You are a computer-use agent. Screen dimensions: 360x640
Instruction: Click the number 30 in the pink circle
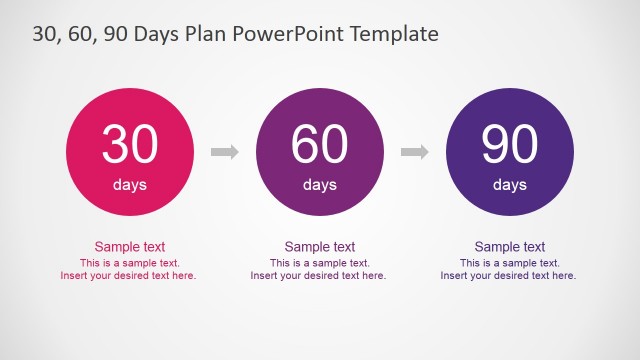pyautogui.click(x=130, y=146)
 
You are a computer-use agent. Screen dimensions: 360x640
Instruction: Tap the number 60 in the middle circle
pyautogui.click(x=320, y=146)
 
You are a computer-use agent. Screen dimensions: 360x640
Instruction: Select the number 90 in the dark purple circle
pyautogui.click(x=510, y=146)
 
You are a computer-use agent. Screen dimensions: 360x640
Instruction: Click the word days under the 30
pyautogui.click(x=130, y=185)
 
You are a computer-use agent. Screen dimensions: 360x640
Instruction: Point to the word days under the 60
pyautogui.click(x=320, y=185)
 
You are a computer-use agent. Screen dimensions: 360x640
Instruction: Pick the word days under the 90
pyautogui.click(x=510, y=185)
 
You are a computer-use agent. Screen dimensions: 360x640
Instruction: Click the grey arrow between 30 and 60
pyautogui.click(x=225, y=152)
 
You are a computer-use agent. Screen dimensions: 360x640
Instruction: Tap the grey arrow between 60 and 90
pyautogui.click(x=415, y=152)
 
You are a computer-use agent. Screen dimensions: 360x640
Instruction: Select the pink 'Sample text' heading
pyautogui.click(x=130, y=247)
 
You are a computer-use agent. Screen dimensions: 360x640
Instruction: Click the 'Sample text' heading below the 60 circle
pyautogui.click(x=320, y=247)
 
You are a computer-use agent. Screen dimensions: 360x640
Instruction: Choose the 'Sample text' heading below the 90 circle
pyautogui.click(x=510, y=247)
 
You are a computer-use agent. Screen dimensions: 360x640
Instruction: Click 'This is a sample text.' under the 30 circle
pyautogui.click(x=130, y=263)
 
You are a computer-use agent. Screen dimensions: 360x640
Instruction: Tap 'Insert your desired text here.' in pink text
pyautogui.click(x=130, y=276)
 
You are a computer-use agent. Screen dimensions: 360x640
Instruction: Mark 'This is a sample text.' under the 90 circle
pyautogui.click(x=510, y=263)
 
